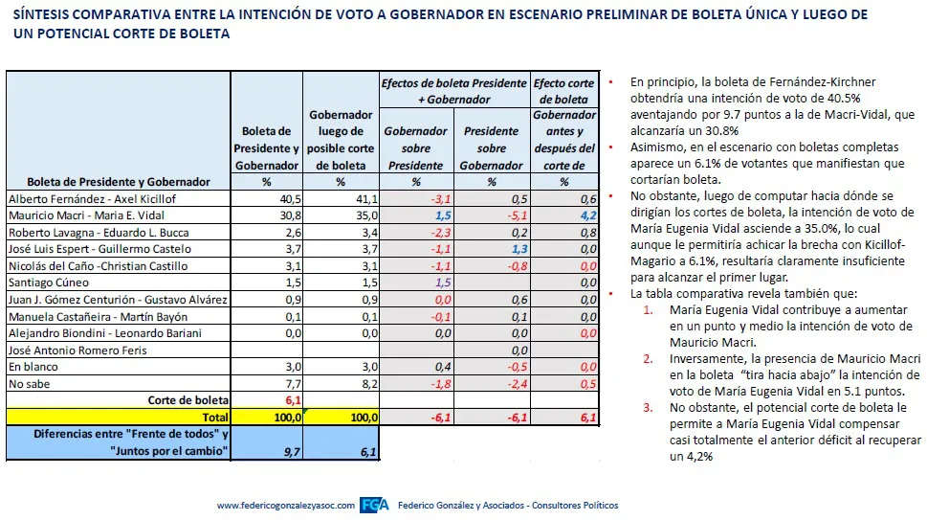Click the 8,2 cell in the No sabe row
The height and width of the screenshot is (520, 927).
[368, 383]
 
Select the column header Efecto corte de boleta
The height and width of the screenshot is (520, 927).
[563, 91]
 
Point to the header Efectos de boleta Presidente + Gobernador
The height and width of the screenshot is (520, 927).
[453, 91]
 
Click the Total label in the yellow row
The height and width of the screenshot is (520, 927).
[214, 418]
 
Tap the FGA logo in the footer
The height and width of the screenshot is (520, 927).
[373, 506]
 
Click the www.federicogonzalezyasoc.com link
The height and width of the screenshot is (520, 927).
[285, 506]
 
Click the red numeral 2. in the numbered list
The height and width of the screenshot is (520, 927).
[648, 358]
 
